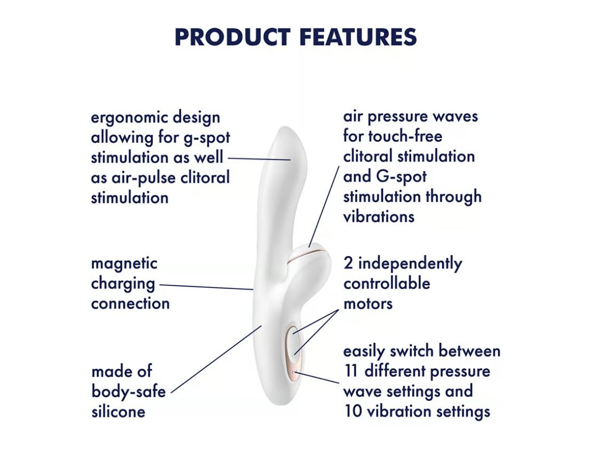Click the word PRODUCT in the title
[232, 37]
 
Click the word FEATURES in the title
[358, 37]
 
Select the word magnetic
[124, 264]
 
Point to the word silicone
[118, 412]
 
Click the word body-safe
[129, 392]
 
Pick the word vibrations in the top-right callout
[379, 216]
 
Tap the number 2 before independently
[348, 263]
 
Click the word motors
[368, 304]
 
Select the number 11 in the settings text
[351, 371]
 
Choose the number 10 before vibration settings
[353, 411]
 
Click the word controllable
[387, 283]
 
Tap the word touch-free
[405, 136]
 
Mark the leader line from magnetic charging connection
[206, 287]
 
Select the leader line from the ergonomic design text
[259, 159]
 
